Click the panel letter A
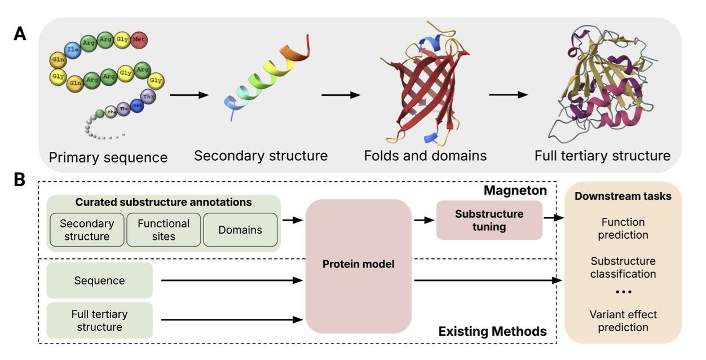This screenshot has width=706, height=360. (x=20, y=34)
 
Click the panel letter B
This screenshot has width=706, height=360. (x=20, y=180)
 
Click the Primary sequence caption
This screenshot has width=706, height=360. (x=108, y=157)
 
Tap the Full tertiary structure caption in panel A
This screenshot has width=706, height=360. (x=602, y=155)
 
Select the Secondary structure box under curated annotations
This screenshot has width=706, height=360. (x=87, y=230)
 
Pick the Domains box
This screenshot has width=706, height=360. (x=240, y=230)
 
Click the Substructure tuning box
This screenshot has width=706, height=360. (x=489, y=221)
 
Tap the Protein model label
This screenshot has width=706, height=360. (x=358, y=264)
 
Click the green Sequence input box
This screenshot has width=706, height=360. (x=99, y=280)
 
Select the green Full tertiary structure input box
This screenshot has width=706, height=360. (x=99, y=321)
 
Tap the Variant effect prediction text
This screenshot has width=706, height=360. (x=623, y=321)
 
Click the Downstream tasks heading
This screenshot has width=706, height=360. (x=623, y=197)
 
